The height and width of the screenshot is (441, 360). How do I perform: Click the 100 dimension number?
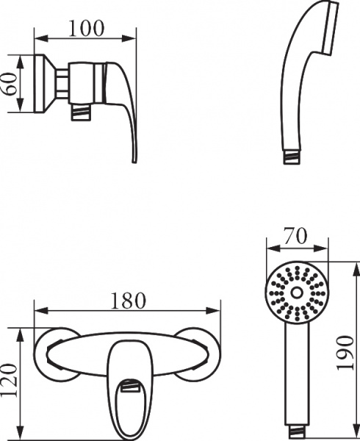86,28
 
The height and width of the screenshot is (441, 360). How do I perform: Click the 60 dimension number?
10,84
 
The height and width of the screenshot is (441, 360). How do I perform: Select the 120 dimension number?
9,379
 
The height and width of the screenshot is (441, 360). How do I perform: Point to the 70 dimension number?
295,237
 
